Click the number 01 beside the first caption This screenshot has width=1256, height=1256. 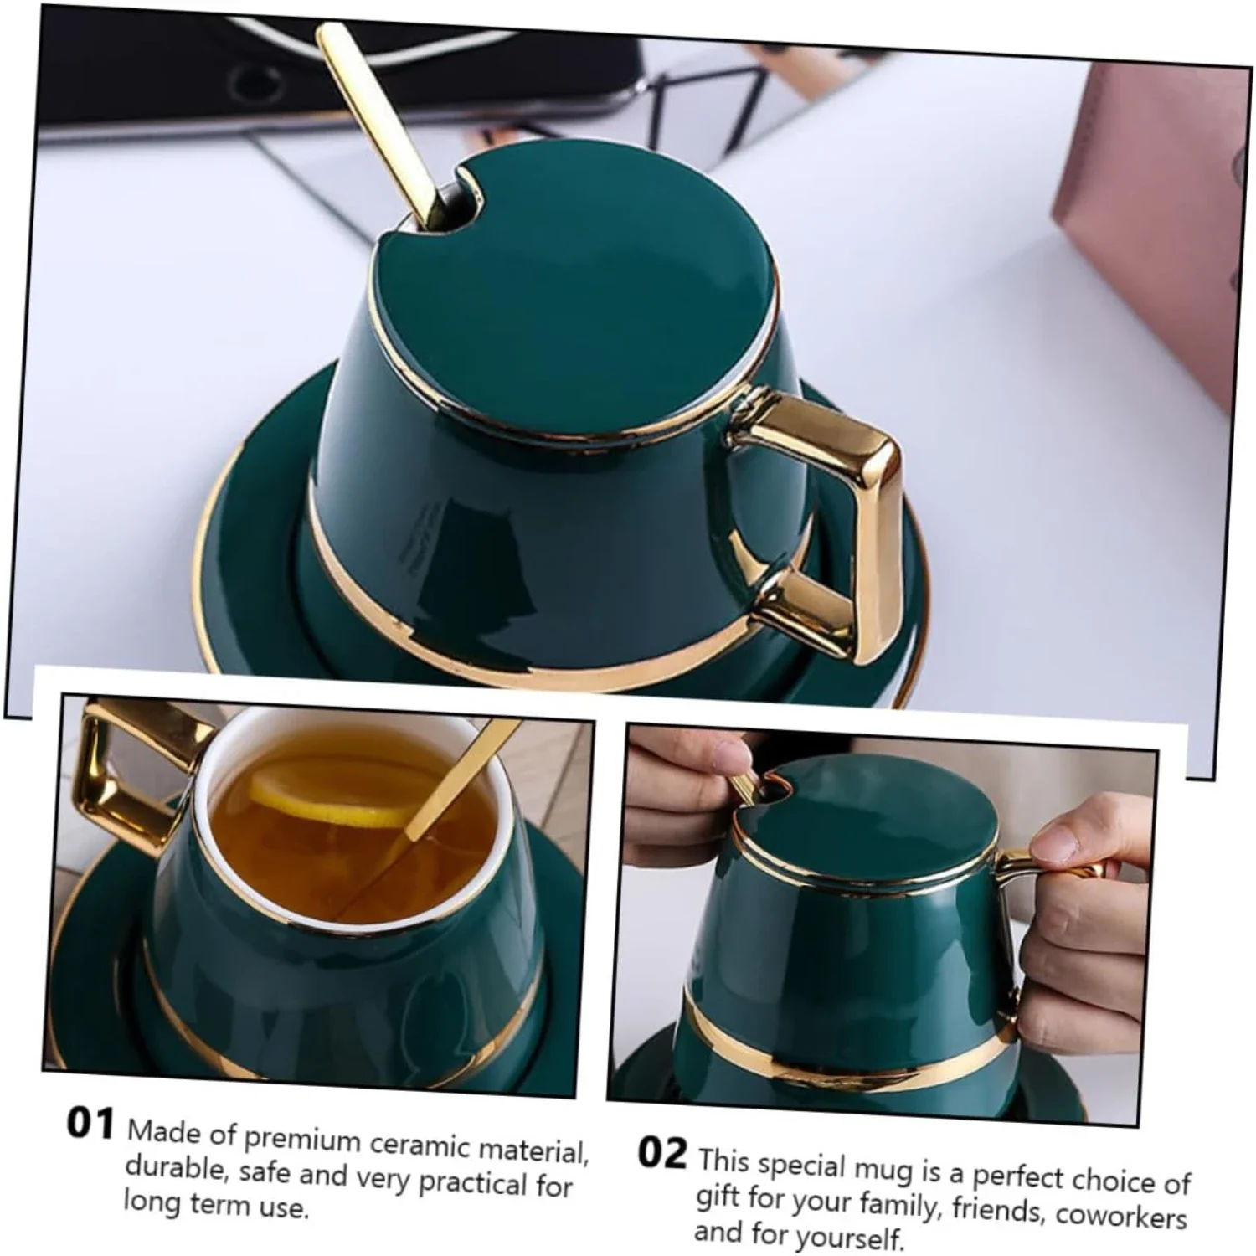pyautogui.click(x=90, y=1124)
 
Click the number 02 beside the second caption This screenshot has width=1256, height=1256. pyautogui.click(x=661, y=1153)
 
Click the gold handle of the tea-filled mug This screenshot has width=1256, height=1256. pyautogui.click(x=117, y=770)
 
